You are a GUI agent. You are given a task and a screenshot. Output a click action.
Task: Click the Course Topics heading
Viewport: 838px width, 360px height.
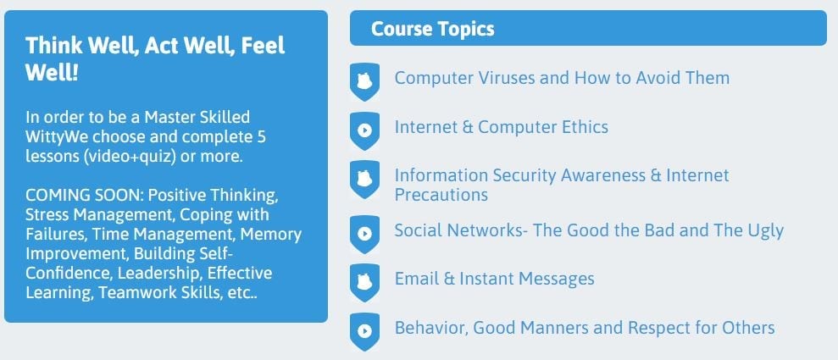click(x=432, y=28)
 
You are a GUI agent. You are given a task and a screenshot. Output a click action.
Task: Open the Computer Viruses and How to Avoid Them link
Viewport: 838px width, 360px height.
click(x=562, y=78)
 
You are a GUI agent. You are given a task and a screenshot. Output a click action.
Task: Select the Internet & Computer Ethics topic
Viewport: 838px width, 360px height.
click(x=502, y=127)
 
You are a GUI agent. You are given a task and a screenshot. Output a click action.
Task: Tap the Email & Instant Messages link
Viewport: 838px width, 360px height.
click(x=494, y=279)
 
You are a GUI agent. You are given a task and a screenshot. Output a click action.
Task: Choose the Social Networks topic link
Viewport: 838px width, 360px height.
click(x=589, y=230)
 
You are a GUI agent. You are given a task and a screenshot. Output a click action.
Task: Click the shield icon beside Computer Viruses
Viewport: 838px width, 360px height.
click(x=364, y=81)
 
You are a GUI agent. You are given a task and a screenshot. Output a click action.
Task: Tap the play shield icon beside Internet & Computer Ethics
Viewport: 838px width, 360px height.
click(x=364, y=130)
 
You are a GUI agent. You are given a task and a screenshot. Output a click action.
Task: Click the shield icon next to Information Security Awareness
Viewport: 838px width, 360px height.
click(x=364, y=180)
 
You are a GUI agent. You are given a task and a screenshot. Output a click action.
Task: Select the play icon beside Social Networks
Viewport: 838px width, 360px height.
click(x=364, y=234)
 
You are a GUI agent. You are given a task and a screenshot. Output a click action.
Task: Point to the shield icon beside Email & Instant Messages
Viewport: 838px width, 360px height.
click(x=364, y=283)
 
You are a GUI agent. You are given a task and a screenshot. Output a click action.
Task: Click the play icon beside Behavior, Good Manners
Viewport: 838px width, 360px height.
click(x=364, y=332)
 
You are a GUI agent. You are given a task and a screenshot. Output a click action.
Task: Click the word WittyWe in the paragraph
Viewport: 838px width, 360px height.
click(x=56, y=136)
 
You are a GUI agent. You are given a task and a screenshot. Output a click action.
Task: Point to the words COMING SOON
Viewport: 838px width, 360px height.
click(x=83, y=195)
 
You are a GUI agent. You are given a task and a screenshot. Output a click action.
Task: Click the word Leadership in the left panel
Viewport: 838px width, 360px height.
click(x=160, y=274)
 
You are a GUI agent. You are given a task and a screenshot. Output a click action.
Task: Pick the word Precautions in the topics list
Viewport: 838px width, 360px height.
click(x=441, y=195)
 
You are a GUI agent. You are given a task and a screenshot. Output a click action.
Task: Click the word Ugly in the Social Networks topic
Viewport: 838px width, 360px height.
click(x=765, y=231)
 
